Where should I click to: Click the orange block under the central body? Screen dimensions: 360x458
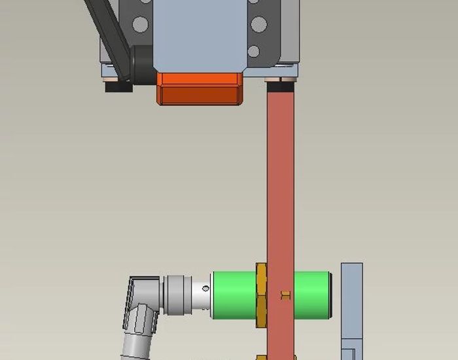[200, 88]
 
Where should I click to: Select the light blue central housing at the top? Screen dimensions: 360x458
[199, 33]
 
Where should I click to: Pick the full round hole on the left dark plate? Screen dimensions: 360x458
[139, 25]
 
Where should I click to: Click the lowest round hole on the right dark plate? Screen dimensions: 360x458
[254, 51]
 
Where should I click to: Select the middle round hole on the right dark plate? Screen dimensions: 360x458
[259, 25]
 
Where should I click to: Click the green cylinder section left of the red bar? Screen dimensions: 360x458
[234, 295]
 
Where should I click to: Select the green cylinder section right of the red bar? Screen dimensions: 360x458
[312, 295]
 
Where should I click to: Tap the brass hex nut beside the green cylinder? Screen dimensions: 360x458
[261, 296]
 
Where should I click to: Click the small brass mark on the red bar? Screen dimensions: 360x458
[285, 295]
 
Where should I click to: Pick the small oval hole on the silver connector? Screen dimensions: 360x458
[205, 289]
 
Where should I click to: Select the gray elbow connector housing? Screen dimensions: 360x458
[143, 301]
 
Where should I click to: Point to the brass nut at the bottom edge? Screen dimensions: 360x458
[261, 357]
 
